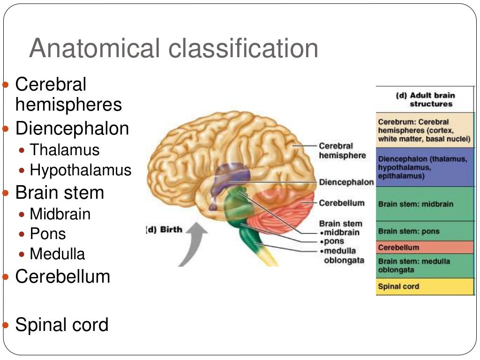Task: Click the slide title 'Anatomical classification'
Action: (173, 48)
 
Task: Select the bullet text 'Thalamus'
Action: (65, 150)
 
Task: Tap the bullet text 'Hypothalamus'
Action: (80, 170)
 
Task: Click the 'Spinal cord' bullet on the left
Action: (61, 324)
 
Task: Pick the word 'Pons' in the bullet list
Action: (48, 234)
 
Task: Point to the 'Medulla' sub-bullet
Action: (57, 254)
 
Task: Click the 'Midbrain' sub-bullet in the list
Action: (60, 214)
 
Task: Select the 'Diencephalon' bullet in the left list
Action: (72, 128)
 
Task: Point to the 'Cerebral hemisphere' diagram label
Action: (342, 150)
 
